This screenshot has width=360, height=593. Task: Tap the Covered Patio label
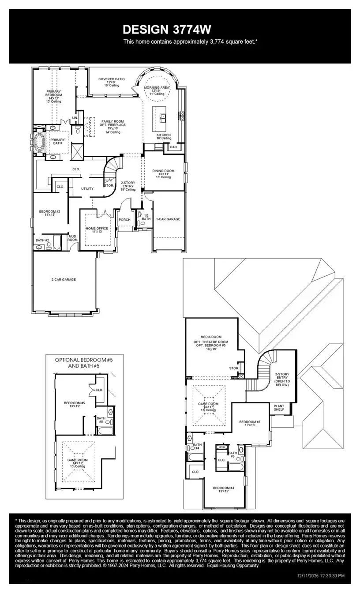pos(111,79)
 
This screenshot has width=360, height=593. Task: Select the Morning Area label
pos(157,88)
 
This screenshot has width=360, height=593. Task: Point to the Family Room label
pos(112,121)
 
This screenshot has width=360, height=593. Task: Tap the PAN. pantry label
pos(173,147)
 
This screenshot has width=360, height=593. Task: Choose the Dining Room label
pos(163,171)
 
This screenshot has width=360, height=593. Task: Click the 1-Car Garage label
pos(168,219)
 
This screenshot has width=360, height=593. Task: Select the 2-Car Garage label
pos(64,279)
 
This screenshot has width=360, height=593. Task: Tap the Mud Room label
pos(72,238)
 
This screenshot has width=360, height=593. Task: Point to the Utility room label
pos(87,188)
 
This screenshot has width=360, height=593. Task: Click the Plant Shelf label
pos(279,407)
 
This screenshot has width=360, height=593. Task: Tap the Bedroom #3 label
pos(250,422)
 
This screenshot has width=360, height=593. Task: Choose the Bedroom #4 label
pos(223,488)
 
